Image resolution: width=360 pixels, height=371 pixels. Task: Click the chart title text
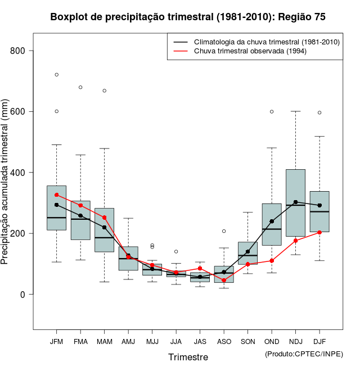tap(187, 17)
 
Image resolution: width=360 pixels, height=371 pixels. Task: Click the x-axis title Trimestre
tap(188, 357)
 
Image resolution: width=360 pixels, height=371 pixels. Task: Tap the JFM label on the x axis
tap(56, 341)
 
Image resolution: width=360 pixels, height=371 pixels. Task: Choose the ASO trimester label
tap(224, 341)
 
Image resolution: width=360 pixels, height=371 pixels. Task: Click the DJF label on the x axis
tap(319, 341)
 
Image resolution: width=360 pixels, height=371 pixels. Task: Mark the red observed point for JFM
tap(56, 194)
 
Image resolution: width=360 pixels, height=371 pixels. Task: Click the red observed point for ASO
tap(224, 280)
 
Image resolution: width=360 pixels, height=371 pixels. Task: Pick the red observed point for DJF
tap(319, 232)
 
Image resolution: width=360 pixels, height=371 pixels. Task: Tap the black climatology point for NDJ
tap(295, 202)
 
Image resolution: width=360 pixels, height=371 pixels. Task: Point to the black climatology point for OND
tap(272, 221)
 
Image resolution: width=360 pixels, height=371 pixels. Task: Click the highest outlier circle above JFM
tap(56, 75)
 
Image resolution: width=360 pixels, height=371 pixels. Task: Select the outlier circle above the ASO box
tap(224, 231)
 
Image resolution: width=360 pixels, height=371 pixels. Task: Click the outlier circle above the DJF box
tap(319, 112)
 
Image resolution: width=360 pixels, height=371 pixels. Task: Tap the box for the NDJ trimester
tap(295, 202)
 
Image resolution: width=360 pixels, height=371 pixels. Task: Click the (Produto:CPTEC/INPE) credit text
tap(304, 354)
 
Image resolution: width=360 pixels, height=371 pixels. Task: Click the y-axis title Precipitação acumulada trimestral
tap(5, 182)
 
